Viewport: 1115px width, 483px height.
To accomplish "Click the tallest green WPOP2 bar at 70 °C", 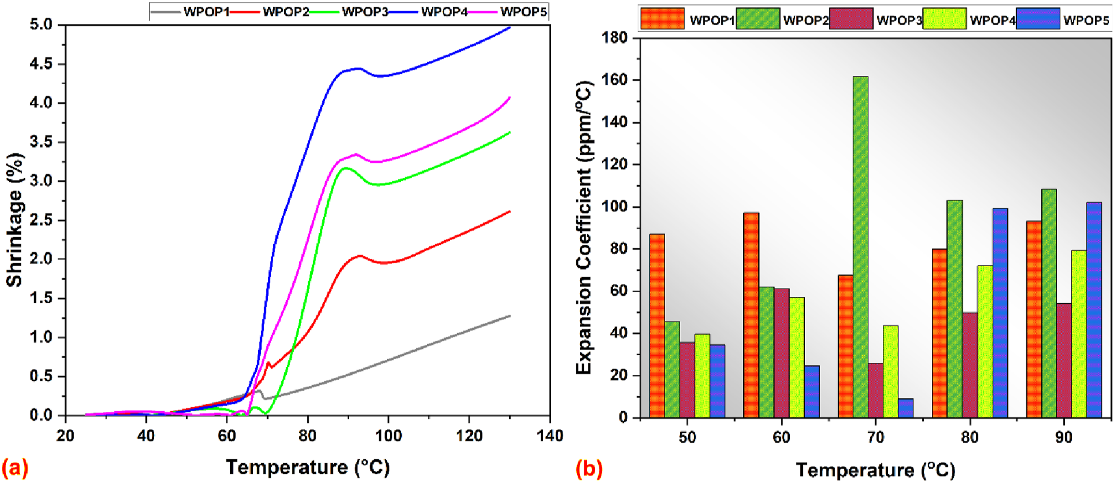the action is [861, 247].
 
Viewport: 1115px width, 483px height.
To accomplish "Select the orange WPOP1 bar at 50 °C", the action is [657, 325].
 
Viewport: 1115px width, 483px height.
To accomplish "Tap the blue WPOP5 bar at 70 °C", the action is [905, 408].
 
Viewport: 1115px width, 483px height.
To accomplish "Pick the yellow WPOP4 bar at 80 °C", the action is [985, 341].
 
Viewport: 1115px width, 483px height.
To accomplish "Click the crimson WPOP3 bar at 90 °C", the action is [1064, 360].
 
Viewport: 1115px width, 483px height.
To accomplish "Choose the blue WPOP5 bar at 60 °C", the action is [812, 392].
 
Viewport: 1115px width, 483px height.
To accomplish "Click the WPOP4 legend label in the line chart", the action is [444, 12].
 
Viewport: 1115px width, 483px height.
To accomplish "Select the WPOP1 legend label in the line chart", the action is [207, 12].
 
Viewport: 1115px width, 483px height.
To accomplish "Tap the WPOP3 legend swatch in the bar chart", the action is [851, 18].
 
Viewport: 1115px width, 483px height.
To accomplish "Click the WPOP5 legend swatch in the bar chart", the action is [1038, 18].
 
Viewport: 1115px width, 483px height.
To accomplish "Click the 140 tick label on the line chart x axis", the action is [550, 435].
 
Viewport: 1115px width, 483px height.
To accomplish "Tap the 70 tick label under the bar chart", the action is [876, 438].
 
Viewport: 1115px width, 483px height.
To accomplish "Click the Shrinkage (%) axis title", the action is [15, 220].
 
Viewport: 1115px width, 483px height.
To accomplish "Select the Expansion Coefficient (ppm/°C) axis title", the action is [584, 228].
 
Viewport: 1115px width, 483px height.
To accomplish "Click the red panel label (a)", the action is [15, 468].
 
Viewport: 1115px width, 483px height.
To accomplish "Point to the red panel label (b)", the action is [589, 469].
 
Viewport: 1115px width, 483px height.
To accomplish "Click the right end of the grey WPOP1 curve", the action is [510, 316].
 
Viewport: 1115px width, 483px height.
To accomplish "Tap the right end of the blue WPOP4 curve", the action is [510, 27].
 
